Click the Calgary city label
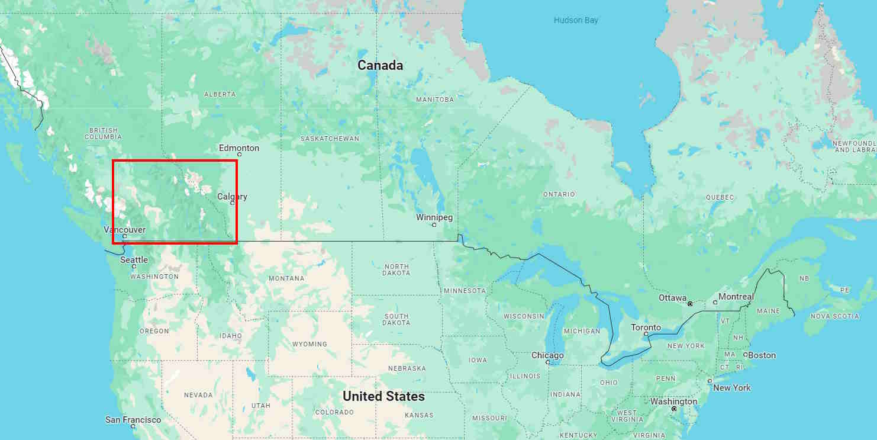(232, 197)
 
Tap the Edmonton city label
(239, 147)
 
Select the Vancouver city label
(124, 229)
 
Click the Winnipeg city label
(434, 217)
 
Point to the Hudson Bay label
(576, 20)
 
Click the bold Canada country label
(380, 65)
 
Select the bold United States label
(383, 396)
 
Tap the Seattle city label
(134, 260)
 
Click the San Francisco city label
(133, 420)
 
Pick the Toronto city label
(646, 327)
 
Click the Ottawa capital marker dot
(690, 304)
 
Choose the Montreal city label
(736, 297)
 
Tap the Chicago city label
(547, 355)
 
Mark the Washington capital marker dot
(674, 409)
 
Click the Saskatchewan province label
(330, 139)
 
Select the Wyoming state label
(309, 344)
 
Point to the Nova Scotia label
(834, 316)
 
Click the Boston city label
(762, 355)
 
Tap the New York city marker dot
(710, 381)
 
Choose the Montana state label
(286, 278)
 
